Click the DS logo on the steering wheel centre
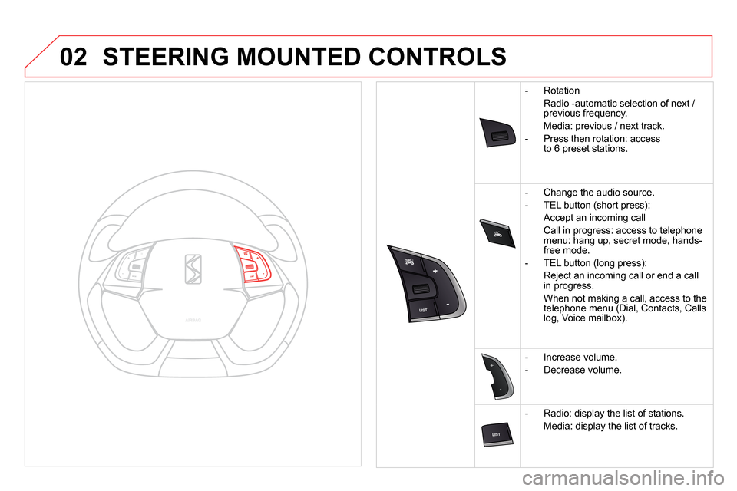coord(193,268)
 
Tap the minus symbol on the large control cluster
coord(446,305)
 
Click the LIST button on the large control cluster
coord(422,309)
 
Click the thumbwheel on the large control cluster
coord(419,289)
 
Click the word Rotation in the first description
coord(561,91)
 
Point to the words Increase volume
coord(580,357)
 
